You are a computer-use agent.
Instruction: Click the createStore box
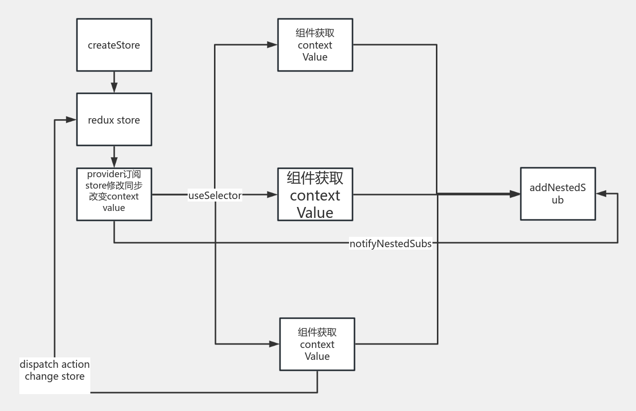pos(114,45)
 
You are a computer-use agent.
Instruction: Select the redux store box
pos(114,120)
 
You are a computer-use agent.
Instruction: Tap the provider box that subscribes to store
pos(114,194)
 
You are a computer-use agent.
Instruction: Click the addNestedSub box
pos(558,194)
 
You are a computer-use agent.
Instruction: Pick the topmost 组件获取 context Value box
pos(315,45)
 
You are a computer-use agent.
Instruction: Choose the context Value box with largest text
pos(315,194)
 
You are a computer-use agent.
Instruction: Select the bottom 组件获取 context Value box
pos(317,344)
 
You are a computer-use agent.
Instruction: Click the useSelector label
pos(215,195)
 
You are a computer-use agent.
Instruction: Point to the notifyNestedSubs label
pos(390,243)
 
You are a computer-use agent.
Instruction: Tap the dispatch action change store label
pos(55,370)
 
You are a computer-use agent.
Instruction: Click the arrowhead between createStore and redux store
pos(114,88)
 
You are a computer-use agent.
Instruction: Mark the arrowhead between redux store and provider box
pos(114,162)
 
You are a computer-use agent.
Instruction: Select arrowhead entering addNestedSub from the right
pos(601,194)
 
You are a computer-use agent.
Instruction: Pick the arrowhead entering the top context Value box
pos(272,45)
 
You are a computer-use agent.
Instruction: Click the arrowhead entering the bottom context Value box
pos(274,343)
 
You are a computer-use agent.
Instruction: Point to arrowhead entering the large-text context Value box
pos(272,195)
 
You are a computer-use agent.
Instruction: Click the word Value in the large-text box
pos(315,212)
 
